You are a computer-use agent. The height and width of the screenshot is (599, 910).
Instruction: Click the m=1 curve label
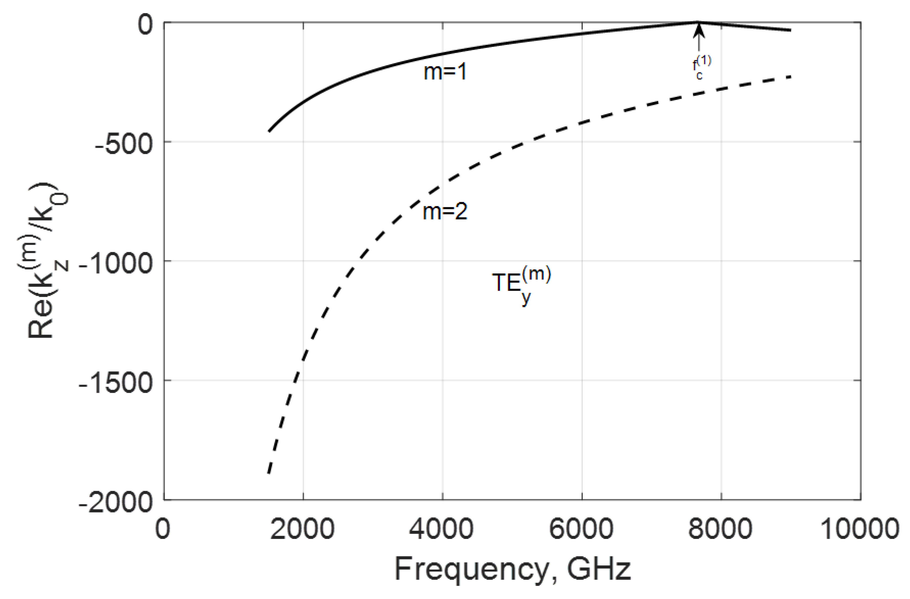(445, 72)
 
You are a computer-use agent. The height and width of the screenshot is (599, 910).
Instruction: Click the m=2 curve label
(445, 211)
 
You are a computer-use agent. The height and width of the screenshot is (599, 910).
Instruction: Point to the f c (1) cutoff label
(701, 68)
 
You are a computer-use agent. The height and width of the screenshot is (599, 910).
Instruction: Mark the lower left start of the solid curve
(269, 131)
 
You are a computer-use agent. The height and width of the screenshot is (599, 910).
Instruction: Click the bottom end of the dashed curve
(269, 473)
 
